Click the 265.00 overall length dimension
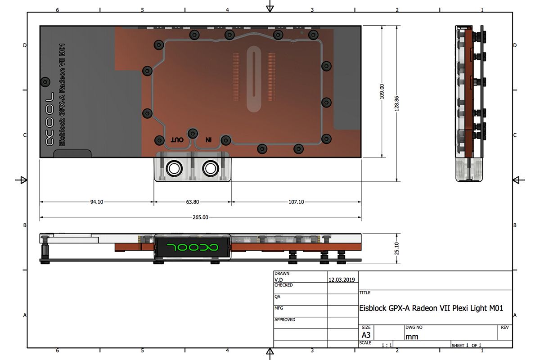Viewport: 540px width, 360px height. click(200, 217)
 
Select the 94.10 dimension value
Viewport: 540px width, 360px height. click(97, 202)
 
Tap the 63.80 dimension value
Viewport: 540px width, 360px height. click(193, 202)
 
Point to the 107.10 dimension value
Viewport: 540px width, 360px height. click(296, 202)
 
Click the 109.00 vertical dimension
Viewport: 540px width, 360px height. click(382, 91)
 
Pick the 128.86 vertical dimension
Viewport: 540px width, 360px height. click(396, 103)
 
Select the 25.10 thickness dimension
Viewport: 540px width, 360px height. click(396, 248)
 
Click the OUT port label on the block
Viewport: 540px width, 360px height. click(177, 140)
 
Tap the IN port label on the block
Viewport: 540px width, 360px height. click(208, 140)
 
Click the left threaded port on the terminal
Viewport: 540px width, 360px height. click(174, 169)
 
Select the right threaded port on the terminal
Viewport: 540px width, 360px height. click(210, 169)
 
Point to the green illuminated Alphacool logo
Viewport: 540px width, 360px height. click(193, 247)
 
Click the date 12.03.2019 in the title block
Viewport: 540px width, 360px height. click(342, 279)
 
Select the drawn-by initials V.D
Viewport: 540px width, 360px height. click(279, 279)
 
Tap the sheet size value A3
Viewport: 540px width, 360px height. click(366, 335)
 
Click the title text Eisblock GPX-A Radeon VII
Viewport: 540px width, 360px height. click(431, 308)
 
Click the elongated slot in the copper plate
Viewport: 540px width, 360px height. click(254, 81)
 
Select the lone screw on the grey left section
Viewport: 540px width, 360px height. click(45, 82)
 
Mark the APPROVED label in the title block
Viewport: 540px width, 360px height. click(285, 320)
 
